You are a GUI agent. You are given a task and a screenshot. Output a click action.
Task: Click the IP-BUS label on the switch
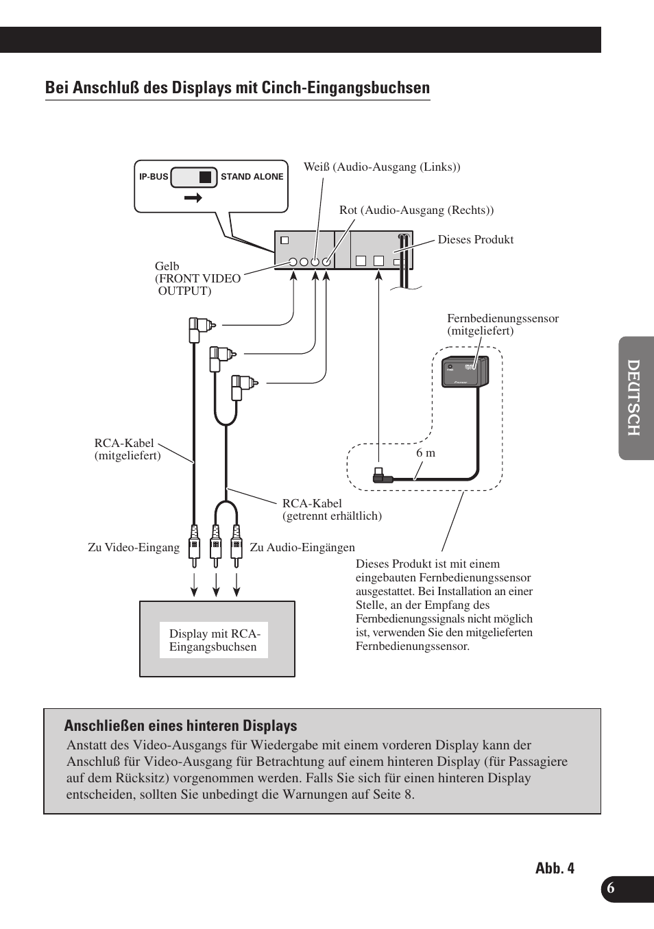tap(154, 177)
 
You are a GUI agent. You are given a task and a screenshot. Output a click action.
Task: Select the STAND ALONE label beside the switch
tap(252, 177)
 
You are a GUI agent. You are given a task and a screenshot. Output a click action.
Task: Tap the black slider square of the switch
tap(205, 177)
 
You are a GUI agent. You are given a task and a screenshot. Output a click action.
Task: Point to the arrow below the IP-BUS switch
tap(193, 198)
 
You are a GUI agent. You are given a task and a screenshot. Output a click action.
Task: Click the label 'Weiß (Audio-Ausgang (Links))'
tap(382, 167)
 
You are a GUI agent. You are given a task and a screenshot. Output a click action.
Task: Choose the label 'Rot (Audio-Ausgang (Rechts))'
tap(416, 210)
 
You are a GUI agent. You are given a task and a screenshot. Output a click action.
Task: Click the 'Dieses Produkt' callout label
tap(475, 240)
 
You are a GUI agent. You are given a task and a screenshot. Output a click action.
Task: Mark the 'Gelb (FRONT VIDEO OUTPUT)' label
tap(197, 278)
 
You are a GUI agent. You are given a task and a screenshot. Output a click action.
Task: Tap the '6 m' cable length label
tap(426, 453)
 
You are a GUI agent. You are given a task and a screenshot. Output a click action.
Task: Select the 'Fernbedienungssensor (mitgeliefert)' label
tap(502, 324)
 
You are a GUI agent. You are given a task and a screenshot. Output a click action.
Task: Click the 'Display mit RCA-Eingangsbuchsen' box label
tap(214, 640)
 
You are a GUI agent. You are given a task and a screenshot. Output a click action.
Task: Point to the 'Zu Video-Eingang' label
tap(134, 548)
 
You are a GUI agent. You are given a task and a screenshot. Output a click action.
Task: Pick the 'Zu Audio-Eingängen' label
tap(302, 548)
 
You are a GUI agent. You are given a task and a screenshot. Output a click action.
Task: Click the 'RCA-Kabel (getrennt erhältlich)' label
tap(332, 509)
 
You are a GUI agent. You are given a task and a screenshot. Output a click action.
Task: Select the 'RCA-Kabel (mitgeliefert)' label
tap(128, 449)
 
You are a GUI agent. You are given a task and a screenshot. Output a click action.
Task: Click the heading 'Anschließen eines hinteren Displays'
tap(180, 726)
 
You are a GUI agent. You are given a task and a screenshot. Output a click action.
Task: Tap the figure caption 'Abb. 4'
tap(555, 869)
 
